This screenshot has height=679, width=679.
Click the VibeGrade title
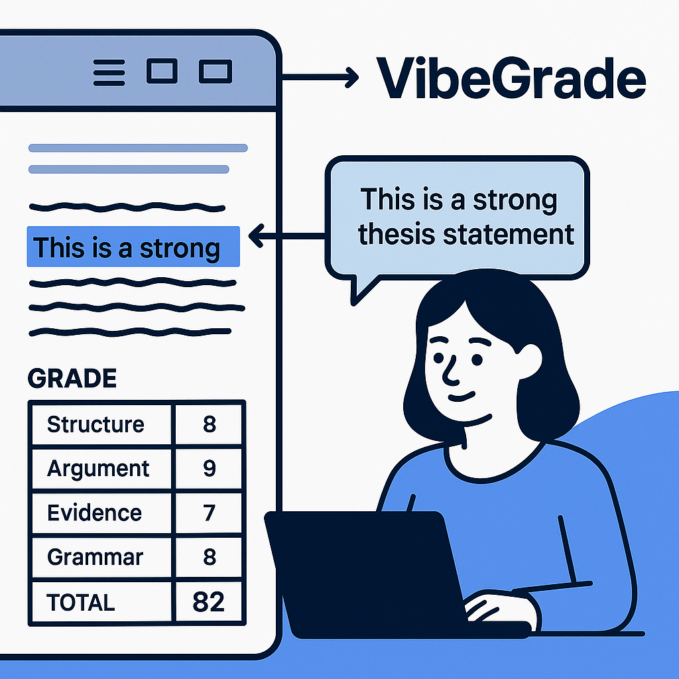[511, 78]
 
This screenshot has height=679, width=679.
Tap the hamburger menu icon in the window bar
[109, 72]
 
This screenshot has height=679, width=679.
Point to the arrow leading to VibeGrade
[320, 77]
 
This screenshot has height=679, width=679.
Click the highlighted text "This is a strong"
[127, 248]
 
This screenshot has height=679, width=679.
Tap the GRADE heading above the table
[72, 378]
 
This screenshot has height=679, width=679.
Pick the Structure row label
[95, 424]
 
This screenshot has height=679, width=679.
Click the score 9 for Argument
[210, 469]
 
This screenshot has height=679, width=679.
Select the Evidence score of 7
[210, 513]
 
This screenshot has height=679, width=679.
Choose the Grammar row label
[95, 557]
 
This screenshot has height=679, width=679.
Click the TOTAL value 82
[209, 602]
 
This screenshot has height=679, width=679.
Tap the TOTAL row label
[80, 602]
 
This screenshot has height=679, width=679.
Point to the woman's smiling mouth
[462, 397]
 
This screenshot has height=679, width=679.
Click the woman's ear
[529, 361]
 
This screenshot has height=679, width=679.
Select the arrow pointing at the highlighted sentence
[286, 235]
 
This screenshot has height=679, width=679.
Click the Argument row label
[98, 469]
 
